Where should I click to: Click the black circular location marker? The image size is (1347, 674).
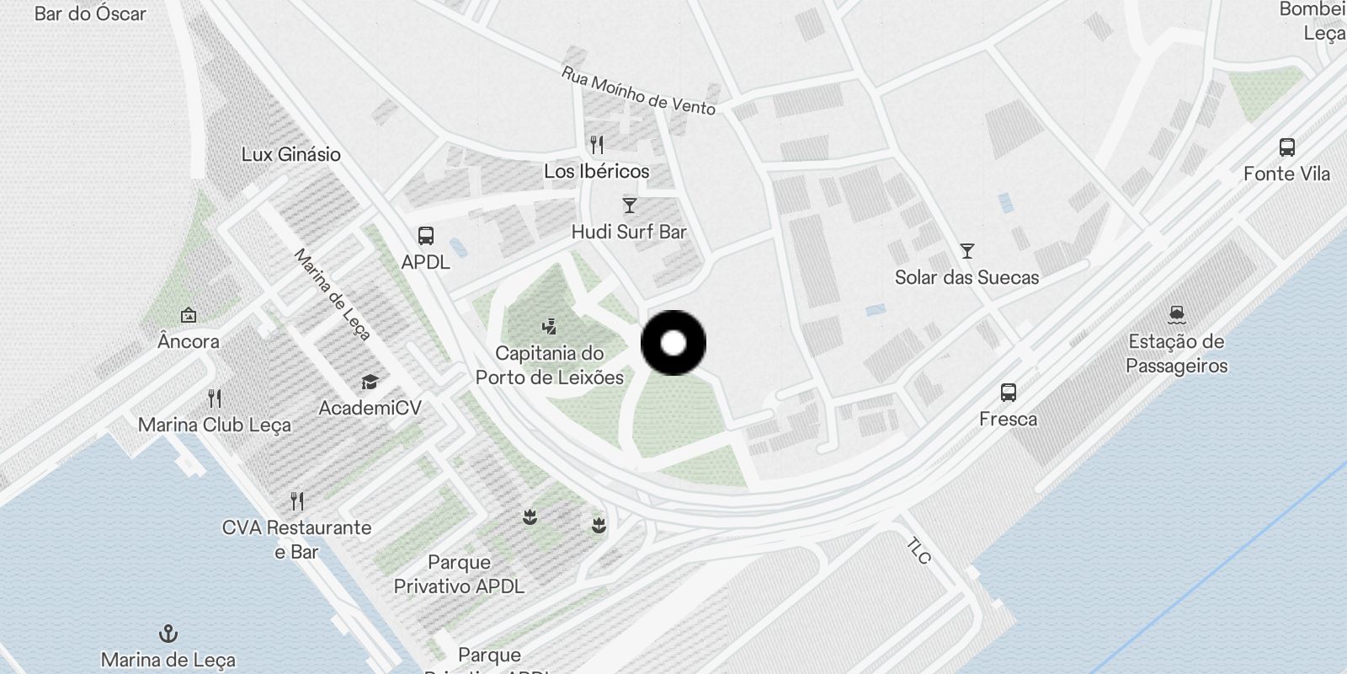673,343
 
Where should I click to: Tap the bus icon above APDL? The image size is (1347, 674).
426,236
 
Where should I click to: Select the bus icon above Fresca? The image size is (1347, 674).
1008,393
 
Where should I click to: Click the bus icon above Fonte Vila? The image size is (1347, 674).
1286,147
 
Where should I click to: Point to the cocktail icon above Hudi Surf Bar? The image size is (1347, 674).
629,206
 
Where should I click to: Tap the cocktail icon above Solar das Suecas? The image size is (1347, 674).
967,251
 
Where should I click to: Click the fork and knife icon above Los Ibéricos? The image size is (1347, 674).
597,145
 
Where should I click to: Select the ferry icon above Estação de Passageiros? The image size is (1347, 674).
1177,315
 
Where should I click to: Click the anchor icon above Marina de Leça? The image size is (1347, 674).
168,634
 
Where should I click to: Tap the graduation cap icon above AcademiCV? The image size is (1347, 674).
370,382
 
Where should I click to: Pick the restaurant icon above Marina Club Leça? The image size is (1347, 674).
215,399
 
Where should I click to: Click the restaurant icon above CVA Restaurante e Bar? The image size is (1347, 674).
296,501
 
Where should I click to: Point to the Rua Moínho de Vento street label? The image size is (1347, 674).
638,91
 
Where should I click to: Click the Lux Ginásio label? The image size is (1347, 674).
291,154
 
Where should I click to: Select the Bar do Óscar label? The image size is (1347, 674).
90,13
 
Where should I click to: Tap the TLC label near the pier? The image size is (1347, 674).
918,551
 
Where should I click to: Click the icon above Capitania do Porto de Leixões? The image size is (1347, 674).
550,327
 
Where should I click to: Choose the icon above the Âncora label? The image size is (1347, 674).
189,316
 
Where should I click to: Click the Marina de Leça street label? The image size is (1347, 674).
332,294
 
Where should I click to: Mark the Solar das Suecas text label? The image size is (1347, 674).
966,277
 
